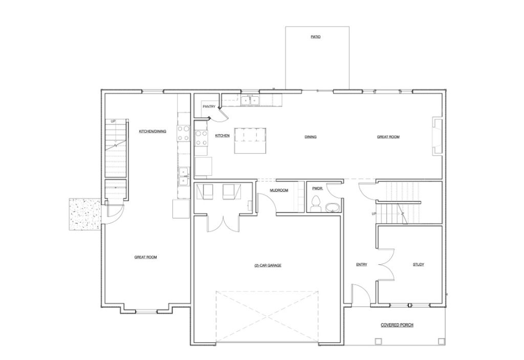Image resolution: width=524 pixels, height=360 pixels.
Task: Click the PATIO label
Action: [316, 37]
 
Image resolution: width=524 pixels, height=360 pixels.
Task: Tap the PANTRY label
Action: [209, 107]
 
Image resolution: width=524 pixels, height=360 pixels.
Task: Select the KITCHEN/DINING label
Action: [152, 132]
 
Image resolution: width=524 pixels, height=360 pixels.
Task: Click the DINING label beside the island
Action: [311, 137]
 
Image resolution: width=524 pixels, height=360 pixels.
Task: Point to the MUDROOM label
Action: [279, 190]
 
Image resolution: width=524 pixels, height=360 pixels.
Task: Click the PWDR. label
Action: [316, 188]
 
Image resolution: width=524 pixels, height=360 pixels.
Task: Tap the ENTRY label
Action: [362, 265]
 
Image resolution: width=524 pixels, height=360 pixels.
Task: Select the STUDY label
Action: [418, 265]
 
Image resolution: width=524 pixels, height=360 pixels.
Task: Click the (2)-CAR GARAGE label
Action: [268, 265]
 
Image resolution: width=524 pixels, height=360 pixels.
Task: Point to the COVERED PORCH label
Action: [397, 325]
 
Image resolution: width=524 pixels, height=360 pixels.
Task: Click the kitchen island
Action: [251, 140]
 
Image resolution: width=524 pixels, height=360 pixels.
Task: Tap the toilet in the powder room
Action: [316, 202]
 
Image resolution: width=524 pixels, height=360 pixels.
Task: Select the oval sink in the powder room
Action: [332, 207]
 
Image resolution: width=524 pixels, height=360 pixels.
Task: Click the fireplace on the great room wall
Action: [437, 135]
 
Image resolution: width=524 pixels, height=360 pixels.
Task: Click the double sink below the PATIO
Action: [250, 100]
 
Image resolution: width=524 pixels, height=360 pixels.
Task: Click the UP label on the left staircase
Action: [113, 121]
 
